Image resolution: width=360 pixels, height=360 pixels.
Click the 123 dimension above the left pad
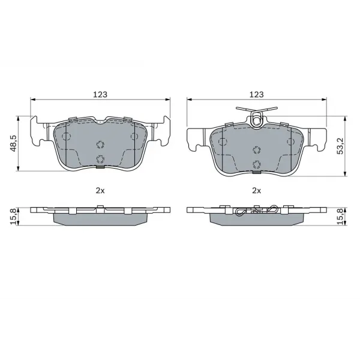(100, 94)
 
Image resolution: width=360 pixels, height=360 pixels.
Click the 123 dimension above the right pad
(256, 94)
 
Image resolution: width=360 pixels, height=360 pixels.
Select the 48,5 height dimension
(13, 143)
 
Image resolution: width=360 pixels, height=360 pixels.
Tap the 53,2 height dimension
(340, 146)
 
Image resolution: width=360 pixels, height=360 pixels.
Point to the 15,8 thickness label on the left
(13, 216)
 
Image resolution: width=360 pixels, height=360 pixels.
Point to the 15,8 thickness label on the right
(340, 216)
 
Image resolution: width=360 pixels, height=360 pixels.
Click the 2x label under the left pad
(100, 190)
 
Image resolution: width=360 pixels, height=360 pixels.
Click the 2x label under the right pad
(256, 190)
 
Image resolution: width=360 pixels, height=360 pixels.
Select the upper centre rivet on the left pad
(100, 145)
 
